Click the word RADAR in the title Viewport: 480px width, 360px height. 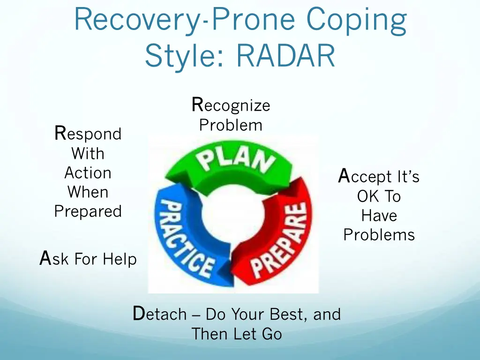pos(286,56)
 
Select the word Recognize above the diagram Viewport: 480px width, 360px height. pos(231,105)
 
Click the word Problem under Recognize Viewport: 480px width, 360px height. pos(231,125)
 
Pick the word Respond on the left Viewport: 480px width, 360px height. pos(88,134)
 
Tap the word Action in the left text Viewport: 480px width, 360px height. pos(88,173)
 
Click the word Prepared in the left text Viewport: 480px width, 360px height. pos(88,211)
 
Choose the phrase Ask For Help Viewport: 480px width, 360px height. pos(88,259)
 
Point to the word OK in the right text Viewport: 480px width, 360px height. pos(367,196)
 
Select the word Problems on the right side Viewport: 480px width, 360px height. pos(379,234)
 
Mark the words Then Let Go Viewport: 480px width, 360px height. pos(237,334)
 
